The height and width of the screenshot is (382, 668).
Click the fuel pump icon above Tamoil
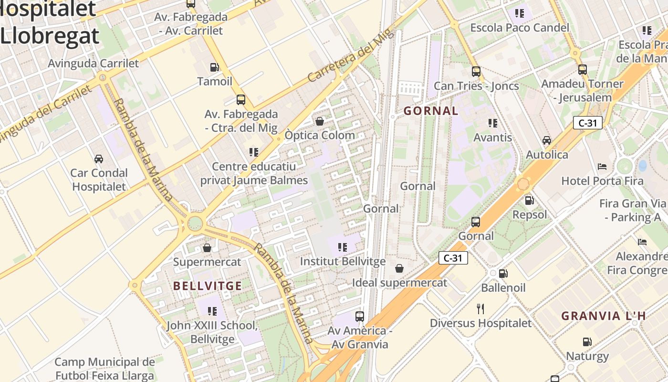click(214, 67)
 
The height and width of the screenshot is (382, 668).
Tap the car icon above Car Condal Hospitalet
click(99, 159)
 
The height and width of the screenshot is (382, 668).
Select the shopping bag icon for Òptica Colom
click(320, 121)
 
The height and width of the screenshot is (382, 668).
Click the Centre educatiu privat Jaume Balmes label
click(254, 173)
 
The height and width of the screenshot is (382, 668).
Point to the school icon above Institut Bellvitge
click(342, 247)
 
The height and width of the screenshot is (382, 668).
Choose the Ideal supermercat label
click(399, 283)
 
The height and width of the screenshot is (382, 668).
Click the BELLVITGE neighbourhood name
click(207, 286)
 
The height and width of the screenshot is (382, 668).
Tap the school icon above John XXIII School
click(212, 311)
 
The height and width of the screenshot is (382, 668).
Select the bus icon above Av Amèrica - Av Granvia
click(360, 316)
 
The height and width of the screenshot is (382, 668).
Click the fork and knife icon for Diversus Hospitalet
click(480, 309)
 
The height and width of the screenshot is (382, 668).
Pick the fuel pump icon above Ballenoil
click(503, 274)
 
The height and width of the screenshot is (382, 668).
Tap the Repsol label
click(530, 215)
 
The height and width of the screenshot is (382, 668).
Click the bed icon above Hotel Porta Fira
click(602, 167)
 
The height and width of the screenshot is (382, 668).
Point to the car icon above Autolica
click(547, 140)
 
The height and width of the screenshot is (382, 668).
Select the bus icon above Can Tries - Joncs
click(476, 72)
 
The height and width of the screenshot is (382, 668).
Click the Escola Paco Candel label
click(520, 28)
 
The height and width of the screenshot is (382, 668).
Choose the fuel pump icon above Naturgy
click(587, 342)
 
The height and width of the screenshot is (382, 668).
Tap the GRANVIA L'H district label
click(603, 316)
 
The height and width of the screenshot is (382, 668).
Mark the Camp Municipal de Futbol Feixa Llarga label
click(105, 369)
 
